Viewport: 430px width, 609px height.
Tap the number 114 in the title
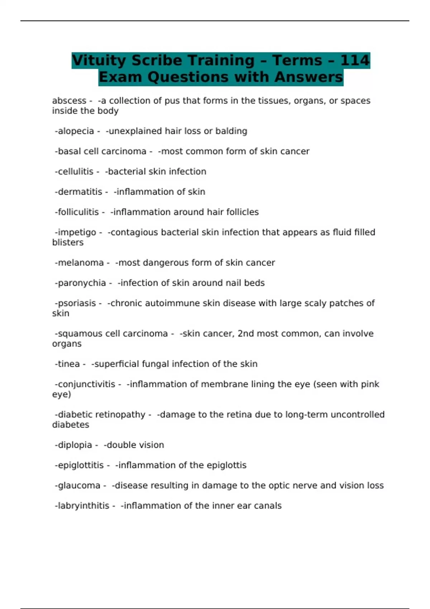[x=354, y=60]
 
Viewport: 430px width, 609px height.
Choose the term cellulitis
[x=75, y=172]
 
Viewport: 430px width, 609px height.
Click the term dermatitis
[x=80, y=192]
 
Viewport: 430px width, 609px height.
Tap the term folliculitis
[x=78, y=212]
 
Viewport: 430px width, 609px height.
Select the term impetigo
[x=77, y=232]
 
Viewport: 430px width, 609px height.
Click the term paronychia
[x=82, y=283]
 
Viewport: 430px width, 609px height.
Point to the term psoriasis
[x=77, y=303]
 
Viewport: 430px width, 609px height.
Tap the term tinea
[x=69, y=364]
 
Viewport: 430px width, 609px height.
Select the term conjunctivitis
[x=86, y=384]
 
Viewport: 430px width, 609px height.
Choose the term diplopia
[x=75, y=445]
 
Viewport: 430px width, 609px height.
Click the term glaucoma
[x=79, y=485]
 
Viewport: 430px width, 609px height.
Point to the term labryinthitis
[x=83, y=506]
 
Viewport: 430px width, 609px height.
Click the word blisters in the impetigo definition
[x=68, y=243]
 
